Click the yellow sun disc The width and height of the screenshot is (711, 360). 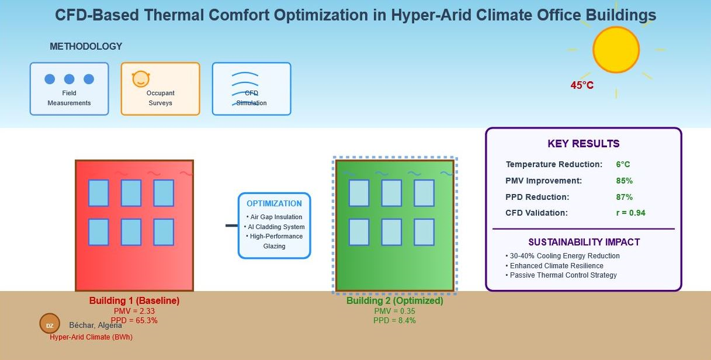616,50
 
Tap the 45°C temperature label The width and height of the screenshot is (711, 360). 582,85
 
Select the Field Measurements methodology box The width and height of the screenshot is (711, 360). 69,89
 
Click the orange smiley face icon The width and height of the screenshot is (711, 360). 141,79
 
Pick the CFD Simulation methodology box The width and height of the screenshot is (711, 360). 251,89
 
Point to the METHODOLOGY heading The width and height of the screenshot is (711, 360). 86,47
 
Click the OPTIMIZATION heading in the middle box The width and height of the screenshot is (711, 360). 274,203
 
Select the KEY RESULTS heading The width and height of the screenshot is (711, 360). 583,144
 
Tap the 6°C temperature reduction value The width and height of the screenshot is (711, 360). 623,165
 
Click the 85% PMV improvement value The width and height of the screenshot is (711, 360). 624,181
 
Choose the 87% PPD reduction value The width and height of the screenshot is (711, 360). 624,197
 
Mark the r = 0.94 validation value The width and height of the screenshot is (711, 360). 630,213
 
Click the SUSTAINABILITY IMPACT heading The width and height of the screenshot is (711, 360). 584,242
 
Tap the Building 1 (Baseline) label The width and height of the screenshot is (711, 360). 134,301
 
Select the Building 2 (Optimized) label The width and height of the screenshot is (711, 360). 394,301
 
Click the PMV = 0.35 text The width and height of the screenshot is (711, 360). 394,311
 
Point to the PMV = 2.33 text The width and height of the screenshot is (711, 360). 134,311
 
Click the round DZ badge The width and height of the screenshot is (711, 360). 50,325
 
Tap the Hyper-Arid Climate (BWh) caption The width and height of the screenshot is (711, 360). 91,337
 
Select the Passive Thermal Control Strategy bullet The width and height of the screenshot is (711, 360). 563,275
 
